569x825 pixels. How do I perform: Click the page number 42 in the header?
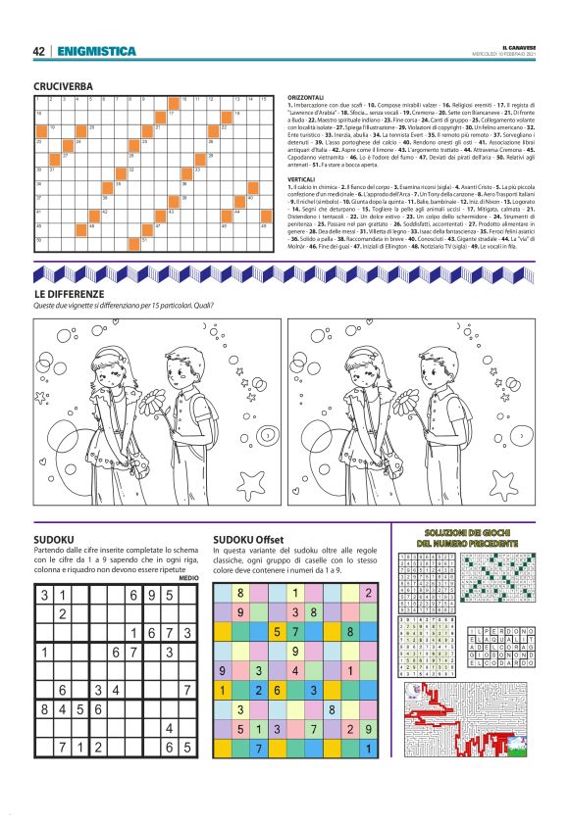pyautogui.click(x=39, y=51)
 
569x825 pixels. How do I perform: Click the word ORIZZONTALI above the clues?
pyautogui.click(x=307, y=98)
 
